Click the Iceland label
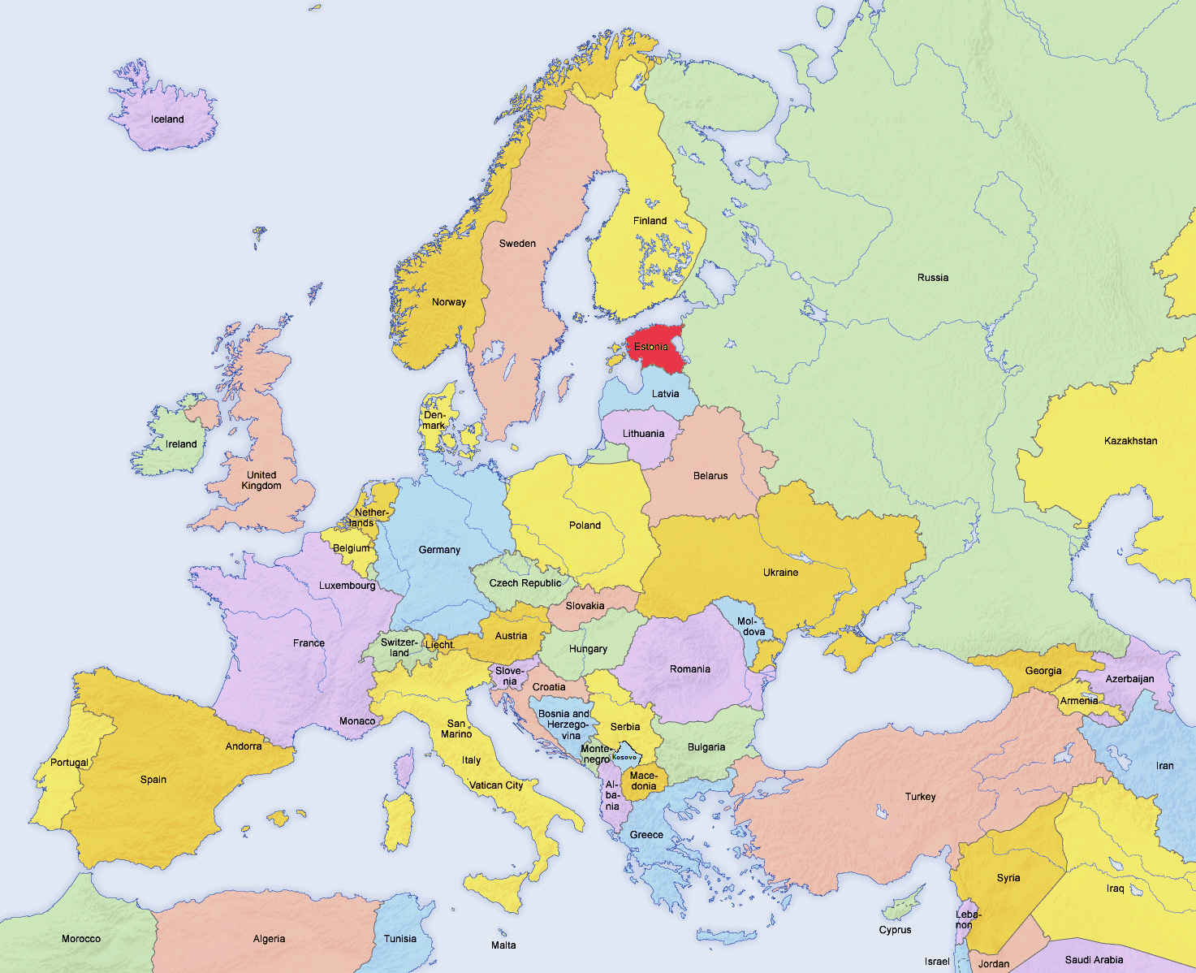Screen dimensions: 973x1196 (x=167, y=119)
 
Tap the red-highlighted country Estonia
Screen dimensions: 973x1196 (x=654, y=348)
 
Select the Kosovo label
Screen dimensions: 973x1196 (x=624, y=757)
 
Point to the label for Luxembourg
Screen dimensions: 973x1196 (x=347, y=586)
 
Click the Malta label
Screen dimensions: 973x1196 (x=503, y=945)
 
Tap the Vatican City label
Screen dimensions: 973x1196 (x=496, y=785)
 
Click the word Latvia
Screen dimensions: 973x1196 (x=665, y=394)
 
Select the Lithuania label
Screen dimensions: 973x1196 (x=643, y=434)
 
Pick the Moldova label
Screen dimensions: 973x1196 (x=751, y=626)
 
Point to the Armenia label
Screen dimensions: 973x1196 (x=1079, y=701)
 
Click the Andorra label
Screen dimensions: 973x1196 (x=244, y=746)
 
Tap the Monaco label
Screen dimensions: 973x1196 (x=357, y=721)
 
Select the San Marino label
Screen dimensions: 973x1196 (x=456, y=729)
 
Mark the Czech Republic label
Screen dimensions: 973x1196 (x=525, y=583)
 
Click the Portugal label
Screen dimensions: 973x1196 (x=69, y=763)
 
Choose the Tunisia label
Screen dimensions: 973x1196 (x=399, y=939)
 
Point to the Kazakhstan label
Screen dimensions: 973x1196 (x=1130, y=441)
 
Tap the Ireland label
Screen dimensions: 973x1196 (x=181, y=444)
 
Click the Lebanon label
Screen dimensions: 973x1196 (x=968, y=919)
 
